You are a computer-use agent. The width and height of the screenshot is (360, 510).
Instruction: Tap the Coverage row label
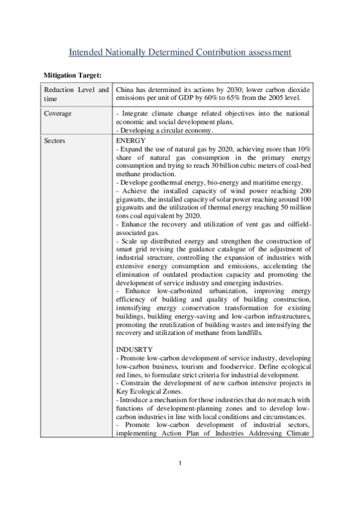(x=58, y=113)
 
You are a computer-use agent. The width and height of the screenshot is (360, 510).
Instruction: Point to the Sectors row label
(x=56, y=141)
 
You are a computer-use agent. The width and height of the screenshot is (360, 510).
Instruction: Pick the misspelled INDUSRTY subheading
(x=135, y=349)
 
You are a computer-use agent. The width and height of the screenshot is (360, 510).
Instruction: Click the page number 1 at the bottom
(x=180, y=463)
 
